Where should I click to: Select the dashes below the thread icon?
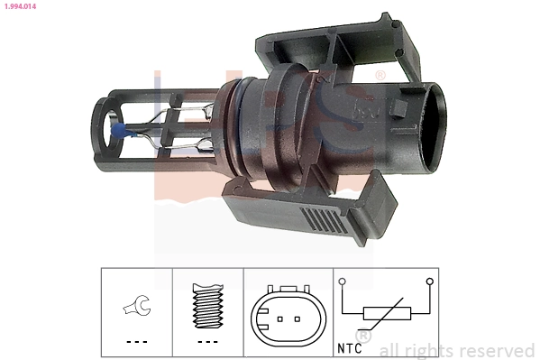click(208, 342)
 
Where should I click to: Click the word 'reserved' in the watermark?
click(496, 350)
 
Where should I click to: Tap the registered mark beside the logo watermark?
click(380, 75)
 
